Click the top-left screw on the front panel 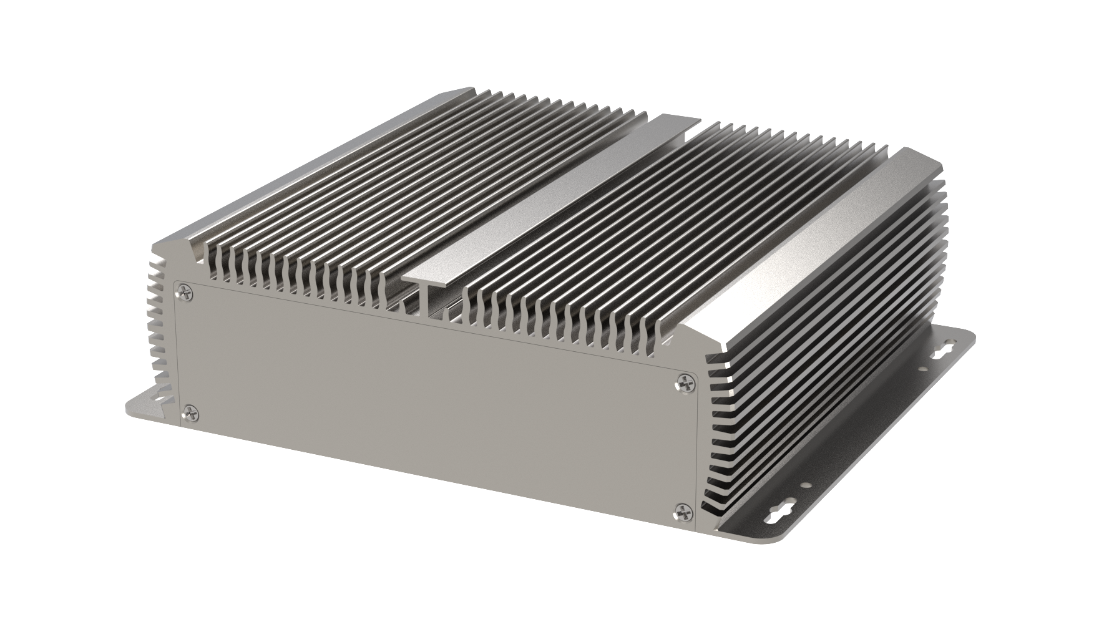coord(184,289)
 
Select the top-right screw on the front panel coord(686,382)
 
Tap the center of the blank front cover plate coord(431,399)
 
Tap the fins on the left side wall coord(156,324)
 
